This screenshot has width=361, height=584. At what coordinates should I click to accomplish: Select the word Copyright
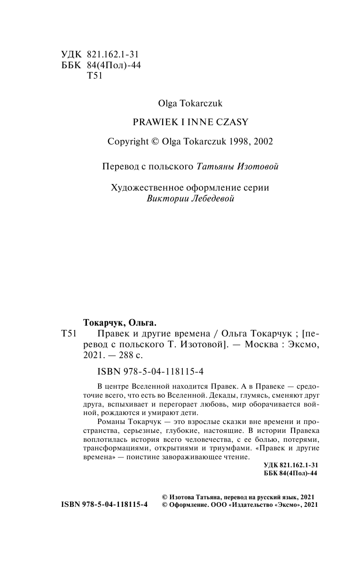coord(128,142)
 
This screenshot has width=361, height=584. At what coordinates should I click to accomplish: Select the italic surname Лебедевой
coord(210,199)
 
